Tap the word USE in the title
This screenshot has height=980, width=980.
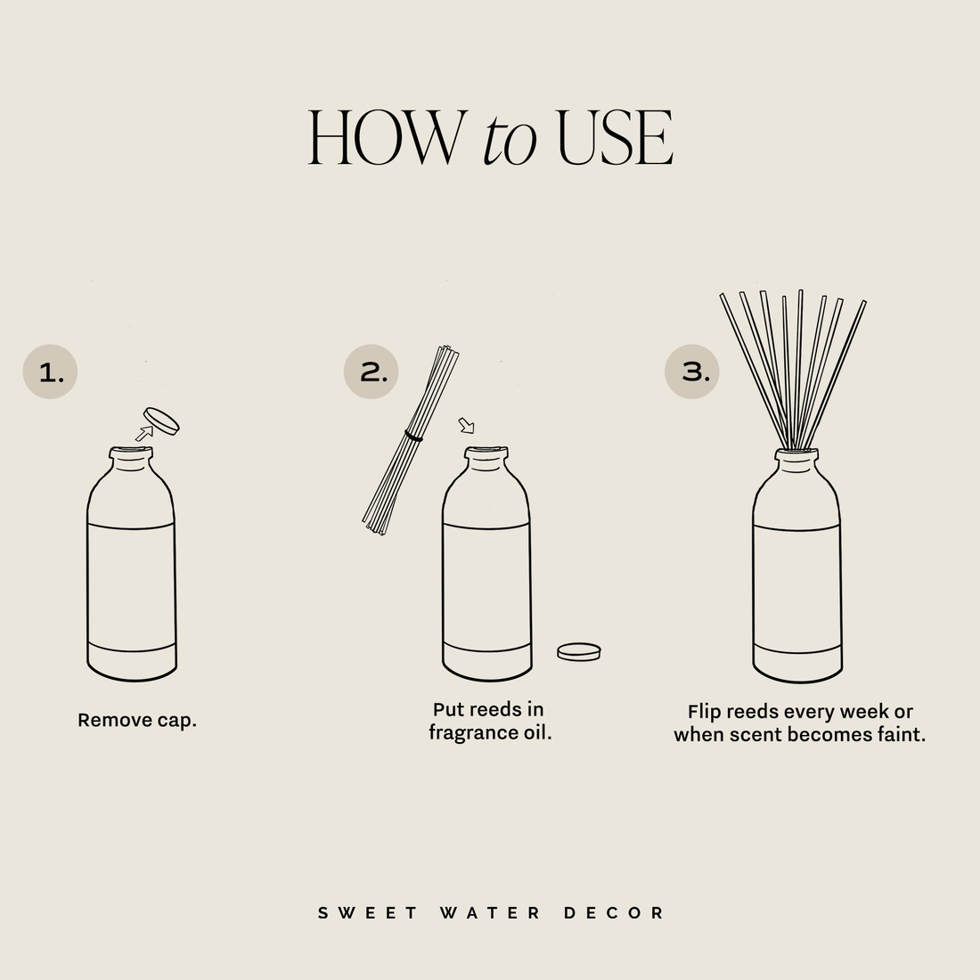click(x=615, y=139)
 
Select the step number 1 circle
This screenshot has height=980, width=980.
click(x=50, y=372)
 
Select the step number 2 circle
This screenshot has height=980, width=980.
click(x=371, y=372)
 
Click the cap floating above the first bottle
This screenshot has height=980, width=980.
click(x=162, y=420)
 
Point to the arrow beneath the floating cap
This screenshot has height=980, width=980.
click(x=143, y=434)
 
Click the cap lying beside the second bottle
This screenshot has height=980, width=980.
click(x=579, y=651)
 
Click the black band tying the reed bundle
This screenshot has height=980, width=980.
click(x=413, y=437)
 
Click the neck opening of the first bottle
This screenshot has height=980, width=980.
click(x=131, y=453)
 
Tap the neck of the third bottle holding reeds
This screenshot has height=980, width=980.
click(x=796, y=460)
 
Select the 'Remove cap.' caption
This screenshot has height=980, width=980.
click(x=137, y=720)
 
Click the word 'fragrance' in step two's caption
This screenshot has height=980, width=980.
click(x=470, y=733)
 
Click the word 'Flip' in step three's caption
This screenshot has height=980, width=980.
click(x=705, y=712)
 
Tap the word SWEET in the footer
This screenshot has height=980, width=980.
click(x=368, y=913)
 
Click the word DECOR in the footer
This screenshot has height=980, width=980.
click(x=615, y=913)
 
